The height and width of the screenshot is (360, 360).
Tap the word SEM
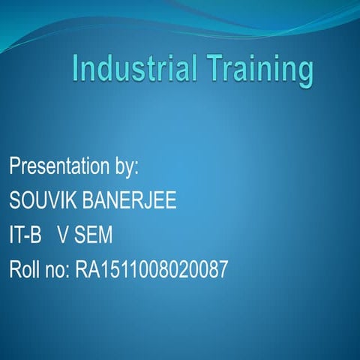coord(93,235)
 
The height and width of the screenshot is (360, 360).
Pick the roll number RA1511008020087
coord(151,270)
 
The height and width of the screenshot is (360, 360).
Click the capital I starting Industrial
coord(76,68)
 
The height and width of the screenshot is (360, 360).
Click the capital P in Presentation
coord(14,166)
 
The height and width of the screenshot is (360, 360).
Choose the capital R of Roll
coord(14,270)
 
